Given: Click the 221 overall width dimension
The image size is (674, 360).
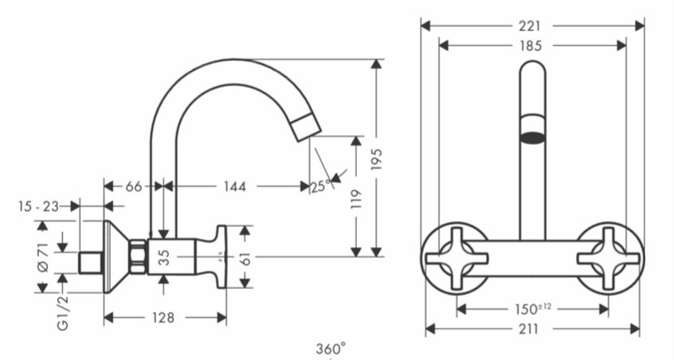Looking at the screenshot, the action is coord(529,25).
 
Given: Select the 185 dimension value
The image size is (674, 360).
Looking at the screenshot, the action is coord(531,45).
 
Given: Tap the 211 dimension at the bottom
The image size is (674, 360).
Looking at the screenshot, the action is coord(528,329).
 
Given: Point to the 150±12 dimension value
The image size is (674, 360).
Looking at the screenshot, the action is coord(533,308).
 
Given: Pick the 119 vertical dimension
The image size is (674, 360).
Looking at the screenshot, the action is coord(356,199).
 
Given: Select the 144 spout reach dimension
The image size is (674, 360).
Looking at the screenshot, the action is coord(235,186).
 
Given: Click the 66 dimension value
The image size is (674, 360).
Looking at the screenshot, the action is coord(134,186).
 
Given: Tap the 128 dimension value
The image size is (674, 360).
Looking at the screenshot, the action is coord(163,318).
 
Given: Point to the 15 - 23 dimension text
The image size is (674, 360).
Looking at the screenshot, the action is coord(39,206).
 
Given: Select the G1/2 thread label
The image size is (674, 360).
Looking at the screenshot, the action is coord(63,313).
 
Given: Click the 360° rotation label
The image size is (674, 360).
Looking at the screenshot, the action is coord(331,348).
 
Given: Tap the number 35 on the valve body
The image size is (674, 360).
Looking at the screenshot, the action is coord(164,257).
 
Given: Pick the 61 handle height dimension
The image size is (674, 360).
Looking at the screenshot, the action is coord(245,259).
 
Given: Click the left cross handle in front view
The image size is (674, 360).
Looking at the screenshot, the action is coord(457,258).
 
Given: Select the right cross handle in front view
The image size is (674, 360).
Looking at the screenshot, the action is coord(608,258).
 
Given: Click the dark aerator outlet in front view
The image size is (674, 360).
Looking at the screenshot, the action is coord(533,138).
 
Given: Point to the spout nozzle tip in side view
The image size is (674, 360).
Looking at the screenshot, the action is coord(306,127).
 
